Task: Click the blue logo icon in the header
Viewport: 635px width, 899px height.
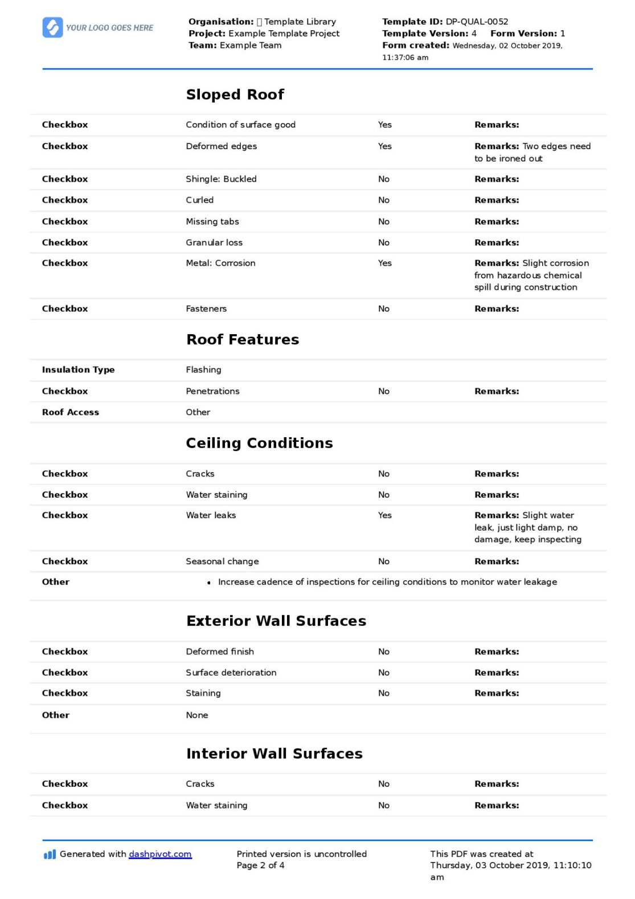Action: [x=52, y=27]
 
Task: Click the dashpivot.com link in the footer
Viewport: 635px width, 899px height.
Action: [x=160, y=854]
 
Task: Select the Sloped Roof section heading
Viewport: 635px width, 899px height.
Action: [x=235, y=95]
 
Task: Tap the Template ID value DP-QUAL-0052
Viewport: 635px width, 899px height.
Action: [x=477, y=22]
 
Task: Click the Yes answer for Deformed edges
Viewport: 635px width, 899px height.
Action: [x=384, y=146]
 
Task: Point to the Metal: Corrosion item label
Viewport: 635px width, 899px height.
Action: [x=220, y=263]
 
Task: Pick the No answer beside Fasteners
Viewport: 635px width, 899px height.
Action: [x=384, y=309]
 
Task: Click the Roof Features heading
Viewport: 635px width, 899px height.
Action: [x=243, y=339]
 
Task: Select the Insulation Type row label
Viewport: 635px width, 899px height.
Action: [x=78, y=370]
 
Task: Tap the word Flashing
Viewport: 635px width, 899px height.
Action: [x=203, y=370]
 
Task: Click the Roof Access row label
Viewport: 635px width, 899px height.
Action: [x=70, y=412]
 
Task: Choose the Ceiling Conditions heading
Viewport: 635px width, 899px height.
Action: [x=259, y=443]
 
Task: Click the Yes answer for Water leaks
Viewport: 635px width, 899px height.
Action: [x=384, y=515]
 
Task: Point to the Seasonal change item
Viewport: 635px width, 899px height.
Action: [x=222, y=561]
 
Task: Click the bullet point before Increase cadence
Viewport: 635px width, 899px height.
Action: [x=209, y=582]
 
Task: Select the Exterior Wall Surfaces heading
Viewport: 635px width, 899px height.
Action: [x=276, y=621]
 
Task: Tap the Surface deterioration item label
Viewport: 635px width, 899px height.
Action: [x=231, y=672]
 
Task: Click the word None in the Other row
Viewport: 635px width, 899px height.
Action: [x=197, y=715]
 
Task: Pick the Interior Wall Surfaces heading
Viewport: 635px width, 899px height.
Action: [x=274, y=753]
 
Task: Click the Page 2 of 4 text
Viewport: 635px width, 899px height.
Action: [x=260, y=865]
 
